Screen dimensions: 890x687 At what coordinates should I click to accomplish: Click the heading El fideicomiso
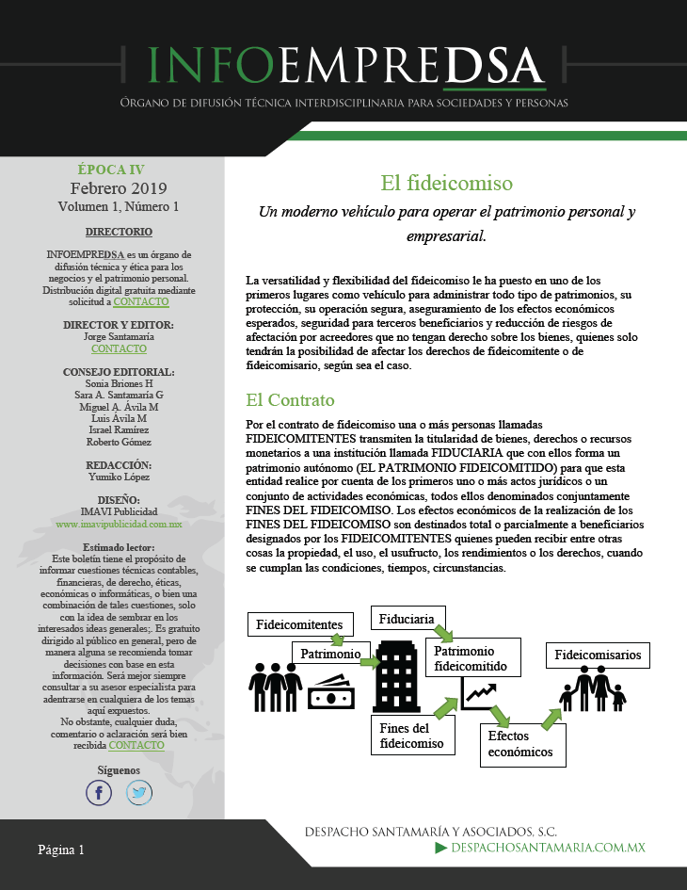pyautogui.click(x=446, y=183)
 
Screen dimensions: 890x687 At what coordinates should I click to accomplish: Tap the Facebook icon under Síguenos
pyautogui.click(x=99, y=793)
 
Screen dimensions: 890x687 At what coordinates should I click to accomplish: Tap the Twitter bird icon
pyautogui.click(x=139, y=793)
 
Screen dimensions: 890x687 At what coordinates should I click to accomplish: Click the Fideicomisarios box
pyautogui.click(x=598, y=655)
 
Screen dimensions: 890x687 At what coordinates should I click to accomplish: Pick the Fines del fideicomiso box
pyautogui.click(x=413, y=736)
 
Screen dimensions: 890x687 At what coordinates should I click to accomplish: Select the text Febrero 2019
pyautogui.click(x=111, y=188)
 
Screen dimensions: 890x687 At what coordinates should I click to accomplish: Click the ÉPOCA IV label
pyautogui.click(x=111, y=170)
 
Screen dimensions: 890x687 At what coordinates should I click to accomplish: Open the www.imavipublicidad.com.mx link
pyautogui.click(x=119, y=523)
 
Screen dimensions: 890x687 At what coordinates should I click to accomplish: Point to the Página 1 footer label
pyautogui.click(x=61, y=850)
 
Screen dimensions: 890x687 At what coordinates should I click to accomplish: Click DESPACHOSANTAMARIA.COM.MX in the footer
pyautogui.click(x=549, y=849)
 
